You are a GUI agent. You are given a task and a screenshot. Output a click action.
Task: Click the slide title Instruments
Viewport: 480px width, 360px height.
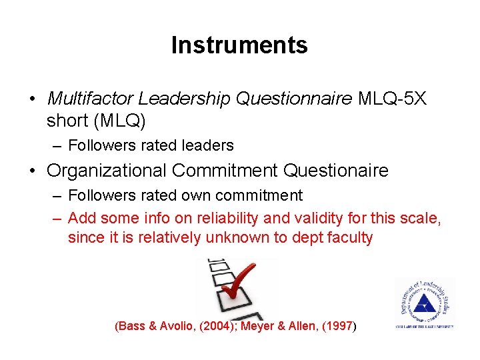pos(239,45)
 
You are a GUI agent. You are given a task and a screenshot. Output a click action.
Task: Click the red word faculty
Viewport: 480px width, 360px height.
pos(348,237)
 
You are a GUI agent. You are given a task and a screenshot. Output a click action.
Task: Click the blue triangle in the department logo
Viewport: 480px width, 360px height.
pos(423,305)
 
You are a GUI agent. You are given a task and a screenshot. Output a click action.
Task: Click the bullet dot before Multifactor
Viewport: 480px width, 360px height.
pos(32,99)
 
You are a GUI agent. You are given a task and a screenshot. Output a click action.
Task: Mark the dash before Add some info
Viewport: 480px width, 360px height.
pos(57,217)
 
